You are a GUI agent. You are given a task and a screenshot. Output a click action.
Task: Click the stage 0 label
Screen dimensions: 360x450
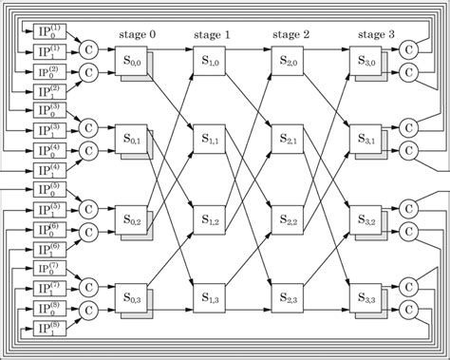139,34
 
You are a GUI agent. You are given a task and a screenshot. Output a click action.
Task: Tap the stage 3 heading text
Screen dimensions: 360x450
377,34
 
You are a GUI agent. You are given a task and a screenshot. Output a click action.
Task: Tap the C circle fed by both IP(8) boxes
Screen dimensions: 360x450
87,310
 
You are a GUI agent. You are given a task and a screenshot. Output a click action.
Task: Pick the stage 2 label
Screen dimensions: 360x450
291,34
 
